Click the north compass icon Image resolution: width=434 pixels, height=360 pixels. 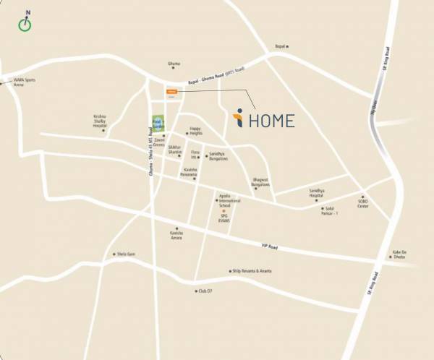pos(27,22)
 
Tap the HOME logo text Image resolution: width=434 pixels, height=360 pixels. pos(265,120)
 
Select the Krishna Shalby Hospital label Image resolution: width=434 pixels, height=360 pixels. pos(100,120)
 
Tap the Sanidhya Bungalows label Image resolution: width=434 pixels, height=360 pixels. pos(218,157)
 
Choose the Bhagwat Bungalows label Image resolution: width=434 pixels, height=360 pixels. pos(260,181)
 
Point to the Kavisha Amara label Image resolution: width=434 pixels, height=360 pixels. pos(176,235)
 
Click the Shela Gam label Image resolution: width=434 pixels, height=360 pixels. pos(126,254)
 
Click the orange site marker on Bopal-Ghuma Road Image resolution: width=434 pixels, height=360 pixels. pos(171,92)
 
